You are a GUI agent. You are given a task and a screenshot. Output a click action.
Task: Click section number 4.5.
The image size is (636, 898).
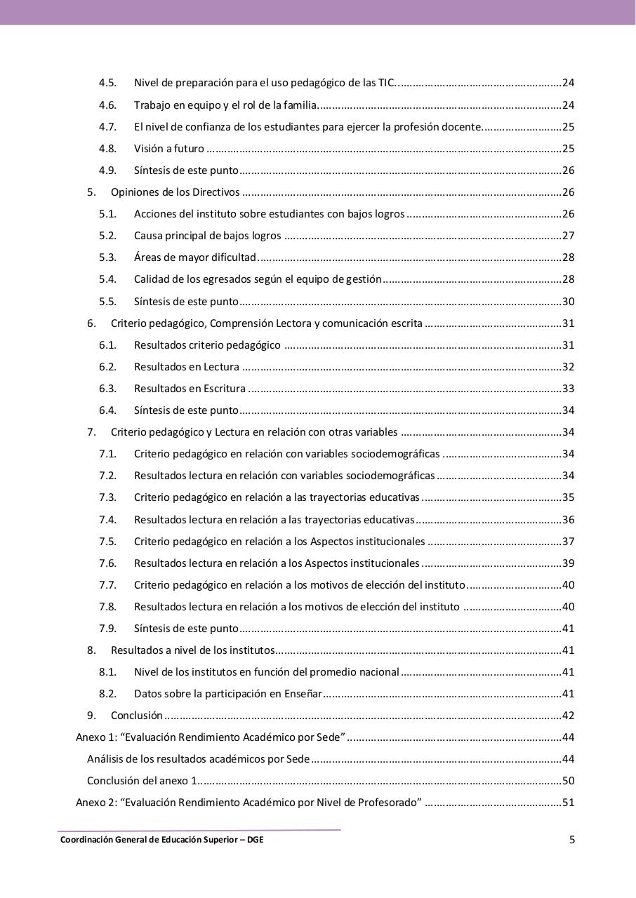pos(107,83)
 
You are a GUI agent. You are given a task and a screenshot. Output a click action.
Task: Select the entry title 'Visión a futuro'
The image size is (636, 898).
pos(168,149)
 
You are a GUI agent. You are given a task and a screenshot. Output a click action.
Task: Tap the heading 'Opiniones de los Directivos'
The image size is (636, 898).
pos(175,192)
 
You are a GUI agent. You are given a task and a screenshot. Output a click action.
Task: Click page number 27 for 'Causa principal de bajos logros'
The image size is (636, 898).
pos(568,236)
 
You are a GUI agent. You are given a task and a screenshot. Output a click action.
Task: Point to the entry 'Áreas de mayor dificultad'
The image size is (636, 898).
pos(195,257)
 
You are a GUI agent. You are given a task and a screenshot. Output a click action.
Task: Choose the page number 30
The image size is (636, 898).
pos(568,302)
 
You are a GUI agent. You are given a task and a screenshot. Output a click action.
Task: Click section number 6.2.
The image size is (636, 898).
pos(107,367)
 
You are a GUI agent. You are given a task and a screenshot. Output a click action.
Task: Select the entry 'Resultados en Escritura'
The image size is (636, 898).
pos(190,389)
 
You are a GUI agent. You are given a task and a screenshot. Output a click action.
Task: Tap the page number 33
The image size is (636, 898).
pos(568,389)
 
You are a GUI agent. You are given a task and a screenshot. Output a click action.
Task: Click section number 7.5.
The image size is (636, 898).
pos(107,542)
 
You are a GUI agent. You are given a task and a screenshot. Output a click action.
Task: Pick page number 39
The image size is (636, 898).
pos(568,563)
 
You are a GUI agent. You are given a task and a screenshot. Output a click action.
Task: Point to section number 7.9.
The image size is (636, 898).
pos(107,629)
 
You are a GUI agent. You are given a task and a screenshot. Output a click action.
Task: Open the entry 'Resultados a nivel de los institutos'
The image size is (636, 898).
pos(192,650)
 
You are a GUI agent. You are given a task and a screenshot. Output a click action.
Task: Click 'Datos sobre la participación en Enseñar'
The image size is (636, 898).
pos(227,694)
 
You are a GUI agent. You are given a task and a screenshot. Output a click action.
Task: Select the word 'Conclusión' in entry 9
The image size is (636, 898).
pos(136,716)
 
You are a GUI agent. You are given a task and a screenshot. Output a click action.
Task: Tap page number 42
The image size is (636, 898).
pos(568,716)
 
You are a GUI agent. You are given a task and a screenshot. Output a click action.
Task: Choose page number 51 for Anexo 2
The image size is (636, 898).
pos(568,803)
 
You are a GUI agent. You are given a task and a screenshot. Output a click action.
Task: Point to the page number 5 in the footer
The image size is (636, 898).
pos(571,840)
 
